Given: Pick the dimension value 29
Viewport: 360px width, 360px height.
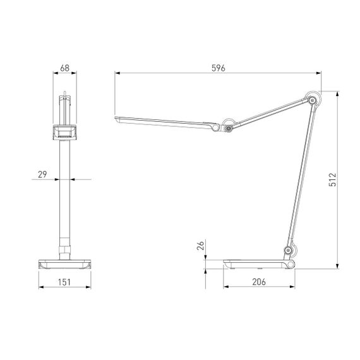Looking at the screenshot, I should (x=41, y=174).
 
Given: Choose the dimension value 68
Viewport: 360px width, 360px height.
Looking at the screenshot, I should (x=65, y=67).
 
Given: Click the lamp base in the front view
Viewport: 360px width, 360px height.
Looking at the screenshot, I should (x=65, y=264).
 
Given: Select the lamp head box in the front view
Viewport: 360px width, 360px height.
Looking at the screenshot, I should (x=65, y=132).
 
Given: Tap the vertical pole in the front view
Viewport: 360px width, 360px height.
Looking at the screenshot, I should (x=65, y=189).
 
